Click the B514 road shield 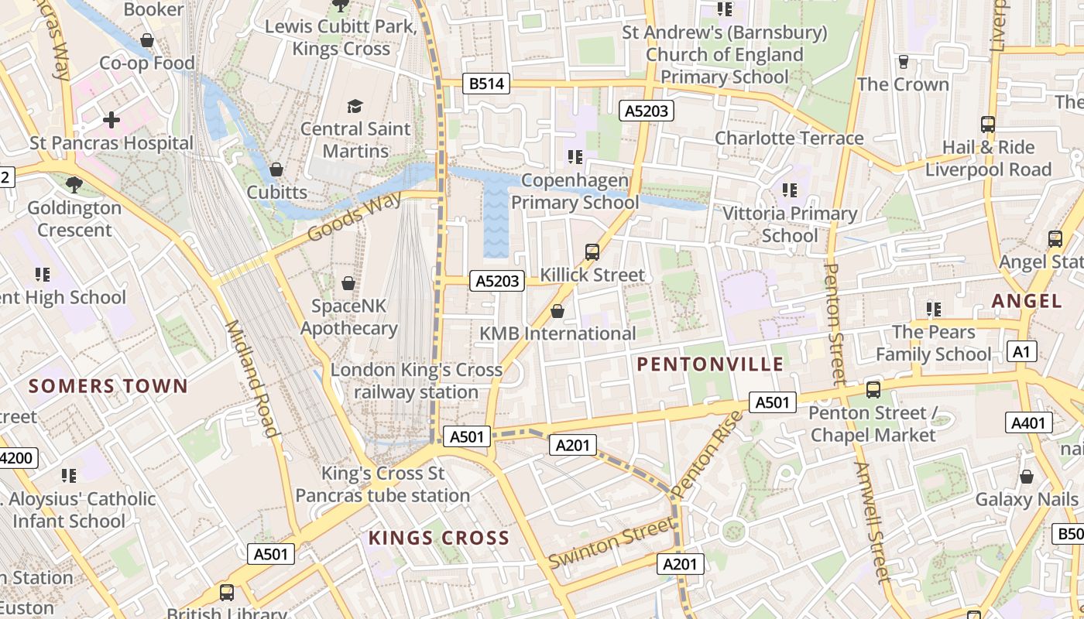[x=487, y=84]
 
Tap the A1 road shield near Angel [x=1023, y=352]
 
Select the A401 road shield [x=1029, y=422]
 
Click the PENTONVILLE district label [x=710, y=364]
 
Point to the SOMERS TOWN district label [x=108, y=386]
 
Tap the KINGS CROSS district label [x=438, y=538]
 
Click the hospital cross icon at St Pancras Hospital [x=111, y=120]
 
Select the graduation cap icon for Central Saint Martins [x=355, y=106]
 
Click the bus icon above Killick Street [x=592, y=251]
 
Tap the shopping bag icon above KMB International [x=557, y=311]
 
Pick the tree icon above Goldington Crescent [x=74, y=184]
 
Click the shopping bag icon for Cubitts [x=276, y=169]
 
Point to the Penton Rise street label [x=707, y=454]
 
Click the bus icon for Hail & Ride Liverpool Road [x=988, y=124]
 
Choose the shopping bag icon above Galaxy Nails [x=1027, y=476]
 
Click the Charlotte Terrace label [x=788, y=138]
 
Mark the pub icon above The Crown [x=903, y=61]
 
